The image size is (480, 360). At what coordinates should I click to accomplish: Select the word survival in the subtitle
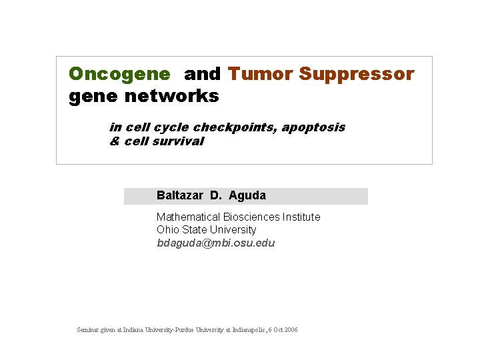(x=178, y=141)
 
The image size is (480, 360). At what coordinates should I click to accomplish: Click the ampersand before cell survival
(x=113, y=141)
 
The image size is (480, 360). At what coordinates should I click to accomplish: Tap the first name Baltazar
(x=180, y=195)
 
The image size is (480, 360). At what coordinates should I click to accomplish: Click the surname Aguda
(x=247, y=195)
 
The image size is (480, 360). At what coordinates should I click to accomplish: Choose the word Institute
(x=301, y=217)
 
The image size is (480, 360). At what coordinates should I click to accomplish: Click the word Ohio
(x=168, y=229)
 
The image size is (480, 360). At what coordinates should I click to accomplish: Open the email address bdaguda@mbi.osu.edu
(x=215, y=243)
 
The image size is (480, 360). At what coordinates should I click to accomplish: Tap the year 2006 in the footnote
(x=290, y=330)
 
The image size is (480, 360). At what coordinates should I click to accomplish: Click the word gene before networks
(x=91, y=96)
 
